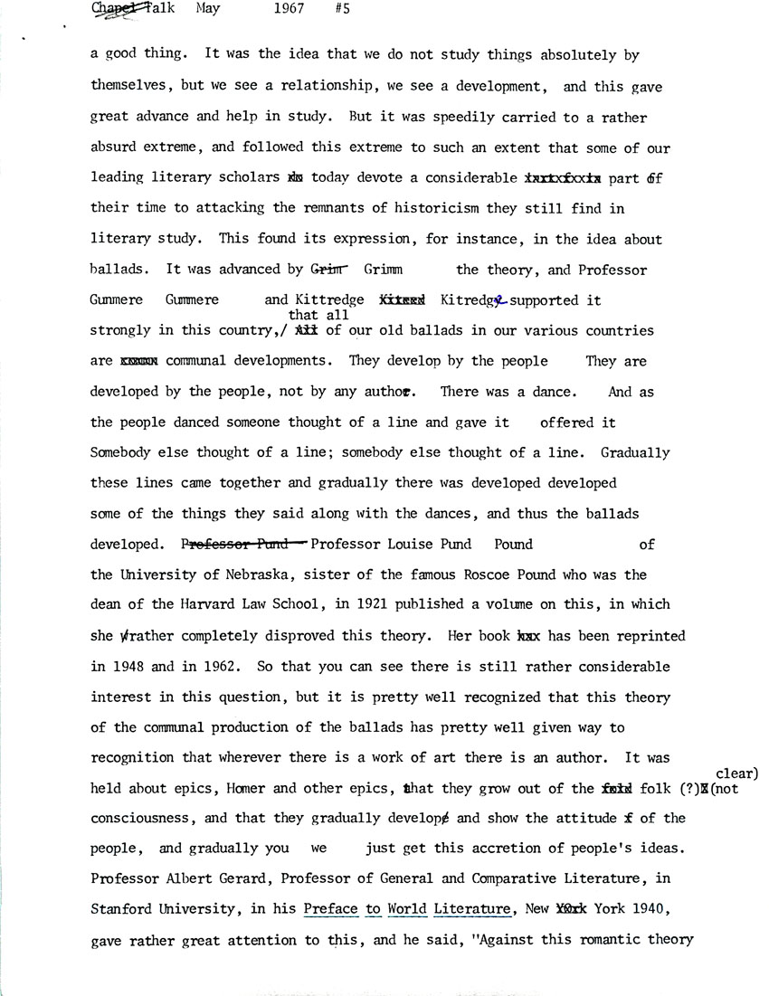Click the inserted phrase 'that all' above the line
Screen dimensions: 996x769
point(311,316)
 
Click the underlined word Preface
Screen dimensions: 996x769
point(329,910)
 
